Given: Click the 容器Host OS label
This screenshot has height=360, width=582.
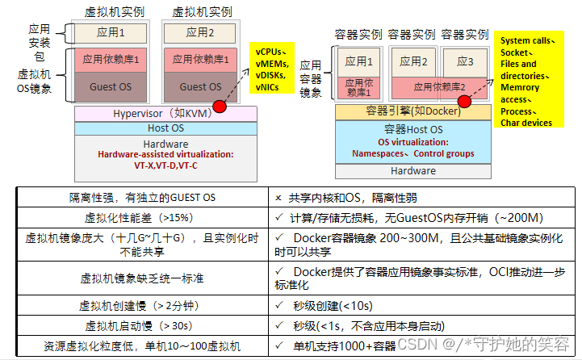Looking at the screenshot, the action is coord(413,129).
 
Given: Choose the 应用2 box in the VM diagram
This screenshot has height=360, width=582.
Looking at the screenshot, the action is coord(199,33).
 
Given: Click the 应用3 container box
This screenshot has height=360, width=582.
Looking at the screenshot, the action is coord(465,61).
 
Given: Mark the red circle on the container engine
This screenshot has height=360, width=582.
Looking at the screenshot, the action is coord(465,101).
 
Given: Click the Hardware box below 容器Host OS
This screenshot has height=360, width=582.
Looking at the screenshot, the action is coord(413,170).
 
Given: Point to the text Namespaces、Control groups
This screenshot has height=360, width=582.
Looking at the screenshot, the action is coord(413,153).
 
